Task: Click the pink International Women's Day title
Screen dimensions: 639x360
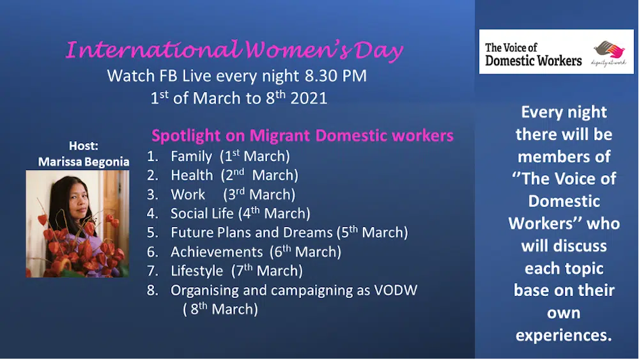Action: (x=235, y=51)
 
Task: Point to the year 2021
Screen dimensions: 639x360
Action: (x=309, y=98)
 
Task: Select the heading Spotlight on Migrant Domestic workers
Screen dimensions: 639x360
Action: (x=302, y=136)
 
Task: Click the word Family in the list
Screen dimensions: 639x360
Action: (x=191, y=157)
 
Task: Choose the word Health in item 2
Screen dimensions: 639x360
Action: (x=192, y=175)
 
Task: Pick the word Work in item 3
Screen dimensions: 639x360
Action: (x=188, y=194)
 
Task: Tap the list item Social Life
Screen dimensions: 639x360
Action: (x=202, y=213)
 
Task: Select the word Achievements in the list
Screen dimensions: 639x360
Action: (x=217, y=252)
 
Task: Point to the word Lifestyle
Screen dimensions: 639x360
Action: (x=197, y=271)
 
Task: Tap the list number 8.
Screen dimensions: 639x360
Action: (x=153, y=290)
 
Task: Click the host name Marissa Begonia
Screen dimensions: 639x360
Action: (x=84, y=162)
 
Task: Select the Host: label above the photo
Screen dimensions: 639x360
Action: (x=84, y=146)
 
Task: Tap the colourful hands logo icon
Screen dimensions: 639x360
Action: (x=609, y=50)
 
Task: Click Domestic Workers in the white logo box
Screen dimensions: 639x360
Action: (x=534, y=61)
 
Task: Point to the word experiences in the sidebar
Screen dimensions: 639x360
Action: (x=564, y=335)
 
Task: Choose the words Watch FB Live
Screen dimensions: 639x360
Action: (x=159, y=76)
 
